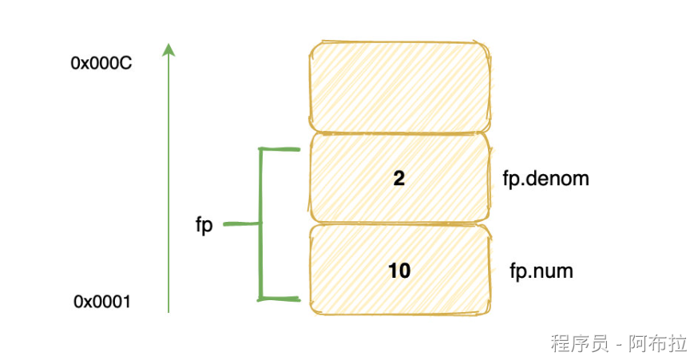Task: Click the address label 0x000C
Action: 101,63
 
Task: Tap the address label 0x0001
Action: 102,301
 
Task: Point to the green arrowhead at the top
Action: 168,49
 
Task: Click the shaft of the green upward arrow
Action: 168,184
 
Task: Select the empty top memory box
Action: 399,85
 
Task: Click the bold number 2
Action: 399,178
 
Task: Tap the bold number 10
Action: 399,271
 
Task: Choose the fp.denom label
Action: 546,178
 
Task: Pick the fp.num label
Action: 541,271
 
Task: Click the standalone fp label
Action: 204,225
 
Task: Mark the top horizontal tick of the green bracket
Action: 280,148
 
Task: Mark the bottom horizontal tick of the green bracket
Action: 280,299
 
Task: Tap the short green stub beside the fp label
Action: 240,224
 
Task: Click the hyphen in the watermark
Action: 618,344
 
